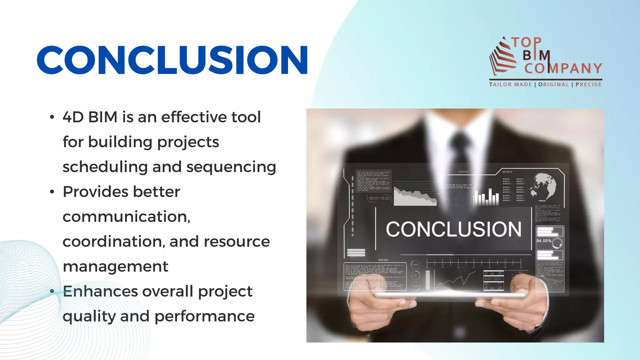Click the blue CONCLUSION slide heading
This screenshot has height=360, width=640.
coord(172,60)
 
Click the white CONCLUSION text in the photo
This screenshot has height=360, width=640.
coord(453,229)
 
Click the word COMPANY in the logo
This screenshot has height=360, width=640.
coord(563,68)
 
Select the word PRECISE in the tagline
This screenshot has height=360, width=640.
coord(588,85)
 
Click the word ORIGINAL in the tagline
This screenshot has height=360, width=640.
coord(553,85)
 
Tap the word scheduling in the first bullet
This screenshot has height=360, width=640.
coord(105,167)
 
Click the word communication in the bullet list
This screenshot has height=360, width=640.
coord(126,217)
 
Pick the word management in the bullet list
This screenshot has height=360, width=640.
coord(115,267)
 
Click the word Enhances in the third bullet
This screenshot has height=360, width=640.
coord(100,291)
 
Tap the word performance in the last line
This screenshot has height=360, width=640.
coord(204,316)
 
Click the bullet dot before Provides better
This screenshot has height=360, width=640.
coord(52,192)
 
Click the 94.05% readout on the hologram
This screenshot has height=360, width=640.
coord(544,241)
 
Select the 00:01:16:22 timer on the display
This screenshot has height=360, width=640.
coord(379,198)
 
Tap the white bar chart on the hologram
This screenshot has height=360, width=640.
coord(486,197)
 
